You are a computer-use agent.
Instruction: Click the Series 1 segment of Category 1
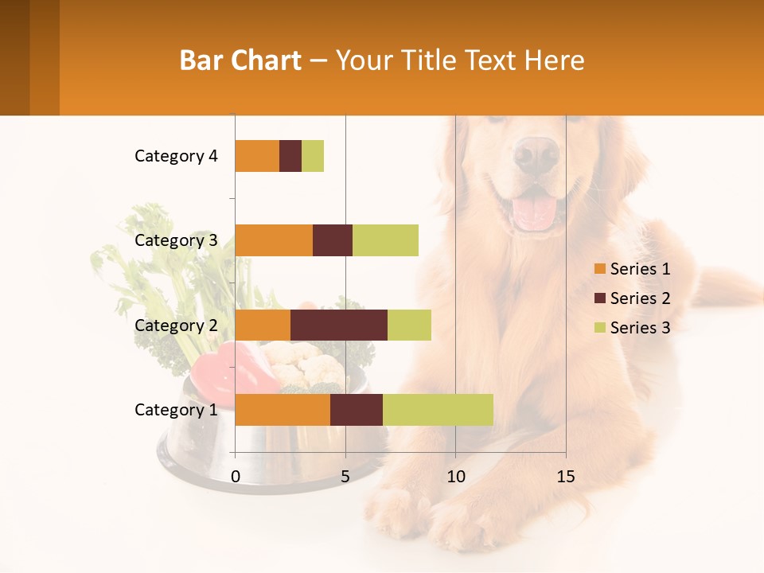283,409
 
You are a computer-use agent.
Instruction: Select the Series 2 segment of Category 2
339,325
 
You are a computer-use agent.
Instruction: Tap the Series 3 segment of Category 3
385,240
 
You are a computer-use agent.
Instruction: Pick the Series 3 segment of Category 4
313,156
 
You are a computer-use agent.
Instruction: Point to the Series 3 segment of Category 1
438,409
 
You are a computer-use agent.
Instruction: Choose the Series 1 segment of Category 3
274,240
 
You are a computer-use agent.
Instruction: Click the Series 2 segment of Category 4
290,156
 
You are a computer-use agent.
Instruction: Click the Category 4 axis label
176,156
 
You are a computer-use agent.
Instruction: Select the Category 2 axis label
176,325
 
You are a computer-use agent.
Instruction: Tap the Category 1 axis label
176,410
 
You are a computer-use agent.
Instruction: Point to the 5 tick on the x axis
345,477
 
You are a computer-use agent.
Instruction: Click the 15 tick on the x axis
565,477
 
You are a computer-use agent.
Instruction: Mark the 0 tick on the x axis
236,477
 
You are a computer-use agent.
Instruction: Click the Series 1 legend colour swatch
600,269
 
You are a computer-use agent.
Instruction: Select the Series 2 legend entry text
640,298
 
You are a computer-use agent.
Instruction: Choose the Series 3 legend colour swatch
600,328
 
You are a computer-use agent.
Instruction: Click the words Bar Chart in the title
240,60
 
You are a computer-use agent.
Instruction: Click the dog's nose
536,153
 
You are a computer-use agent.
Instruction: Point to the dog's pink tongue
533,212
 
